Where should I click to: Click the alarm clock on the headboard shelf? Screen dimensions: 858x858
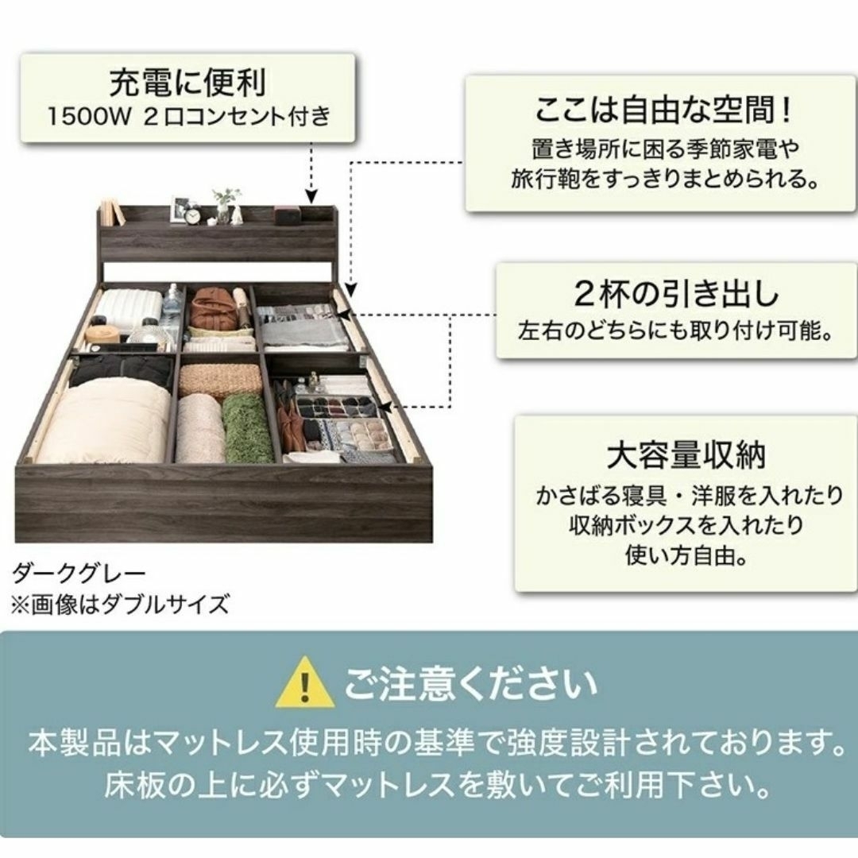pos(192,216)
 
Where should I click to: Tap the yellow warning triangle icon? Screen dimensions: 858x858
pos(305,682)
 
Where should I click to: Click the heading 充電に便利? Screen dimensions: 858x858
pos(187,83)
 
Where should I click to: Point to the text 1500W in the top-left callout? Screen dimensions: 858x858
pos(87,117)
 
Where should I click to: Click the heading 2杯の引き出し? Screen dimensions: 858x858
pos(676,295)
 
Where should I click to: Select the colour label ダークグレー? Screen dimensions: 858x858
pos(79,574)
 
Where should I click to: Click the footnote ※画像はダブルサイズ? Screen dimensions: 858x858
pos(119,605)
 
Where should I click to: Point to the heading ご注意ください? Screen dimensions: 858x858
pos(470,684)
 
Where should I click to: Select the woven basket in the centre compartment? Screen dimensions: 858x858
pos(221,380)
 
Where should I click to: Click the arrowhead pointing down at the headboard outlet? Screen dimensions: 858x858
pos(311,196)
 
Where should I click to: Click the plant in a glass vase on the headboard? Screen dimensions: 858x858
pos(226,206)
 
